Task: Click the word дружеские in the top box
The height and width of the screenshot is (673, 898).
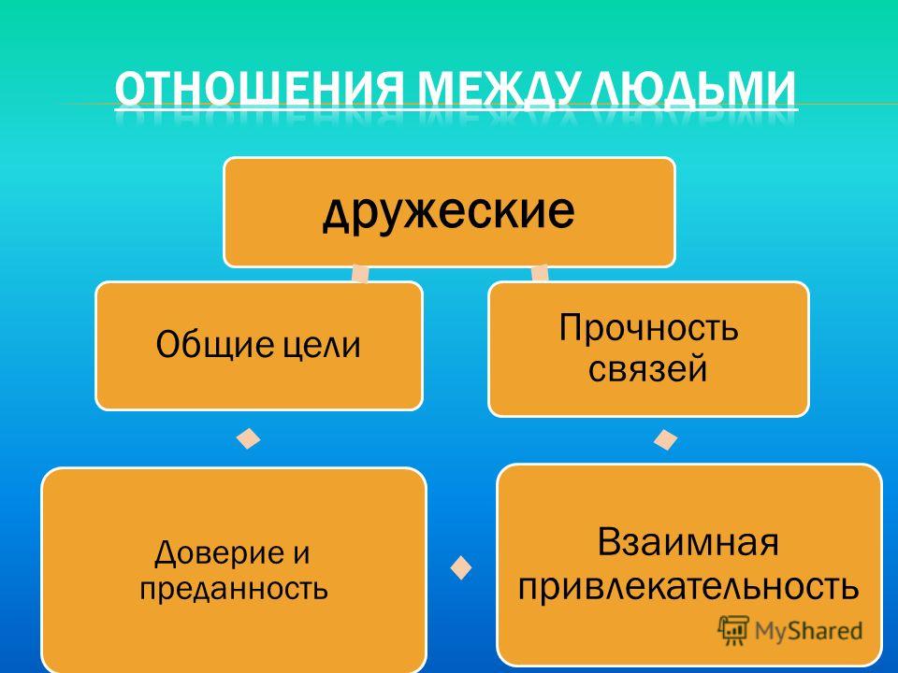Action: tap(449, 211)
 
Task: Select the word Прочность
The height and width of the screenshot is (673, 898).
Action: tap(648, 329)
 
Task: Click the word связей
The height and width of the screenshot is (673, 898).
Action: tap(648, 368)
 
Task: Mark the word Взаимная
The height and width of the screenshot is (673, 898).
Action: tap(688, 541)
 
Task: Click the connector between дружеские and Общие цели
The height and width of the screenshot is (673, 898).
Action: tap(360, 274)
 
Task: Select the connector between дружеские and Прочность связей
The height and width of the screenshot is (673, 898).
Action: tap(540, 274)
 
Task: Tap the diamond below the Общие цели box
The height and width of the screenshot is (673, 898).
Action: tap(249, 439)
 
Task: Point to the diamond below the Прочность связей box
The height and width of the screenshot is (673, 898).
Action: tap(665, 439)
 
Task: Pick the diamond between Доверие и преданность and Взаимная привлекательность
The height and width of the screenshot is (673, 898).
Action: tap(461, 567)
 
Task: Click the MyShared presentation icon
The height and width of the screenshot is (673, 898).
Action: tap(733, 630)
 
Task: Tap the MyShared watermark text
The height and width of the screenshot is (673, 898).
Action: tap(808, 631)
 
